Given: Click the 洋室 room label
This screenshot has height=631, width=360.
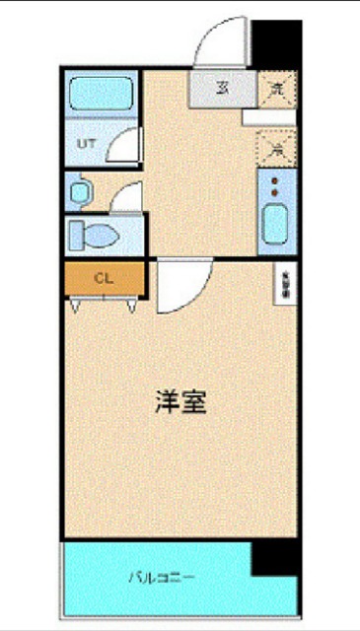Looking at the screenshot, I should click(x=180, y=402).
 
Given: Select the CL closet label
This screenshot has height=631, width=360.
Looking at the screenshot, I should click(x=103, y=277).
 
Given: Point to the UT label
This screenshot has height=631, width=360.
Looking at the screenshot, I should click(x=86, y=144).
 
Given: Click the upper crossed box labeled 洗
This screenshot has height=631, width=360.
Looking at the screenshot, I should click(x=276, y=89).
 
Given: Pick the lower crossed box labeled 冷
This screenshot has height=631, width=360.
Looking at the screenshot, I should click(x=276, y=149).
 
